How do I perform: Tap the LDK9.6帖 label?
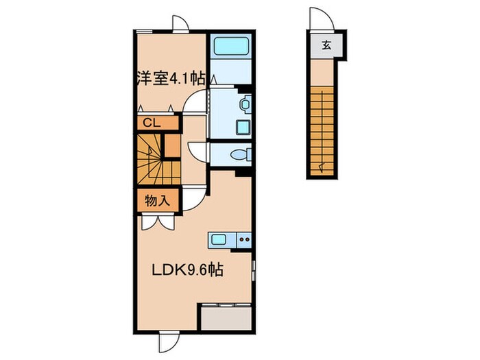coord(187,270)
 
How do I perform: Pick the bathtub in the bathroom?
coord(230,49)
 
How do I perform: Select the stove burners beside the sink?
coord(245,240)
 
